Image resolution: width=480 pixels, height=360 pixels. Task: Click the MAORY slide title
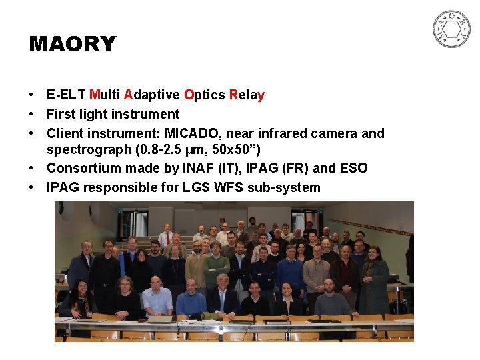(x=73, y=45)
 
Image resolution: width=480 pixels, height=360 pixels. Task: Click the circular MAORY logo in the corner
(x=451, y=29)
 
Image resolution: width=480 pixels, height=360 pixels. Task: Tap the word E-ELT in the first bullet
(x=66, y=95)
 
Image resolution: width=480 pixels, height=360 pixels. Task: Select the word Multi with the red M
(x=105, y=95)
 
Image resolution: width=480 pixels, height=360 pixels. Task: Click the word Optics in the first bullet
(x=205, y=95)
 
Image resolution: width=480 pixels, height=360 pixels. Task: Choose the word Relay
(x=247, y=95)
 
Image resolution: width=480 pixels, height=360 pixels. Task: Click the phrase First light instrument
(x=113, y=114)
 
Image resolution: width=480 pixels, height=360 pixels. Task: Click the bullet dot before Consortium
(x=33, y=168)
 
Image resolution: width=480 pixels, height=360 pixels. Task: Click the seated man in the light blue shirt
(x=157, y=298)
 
